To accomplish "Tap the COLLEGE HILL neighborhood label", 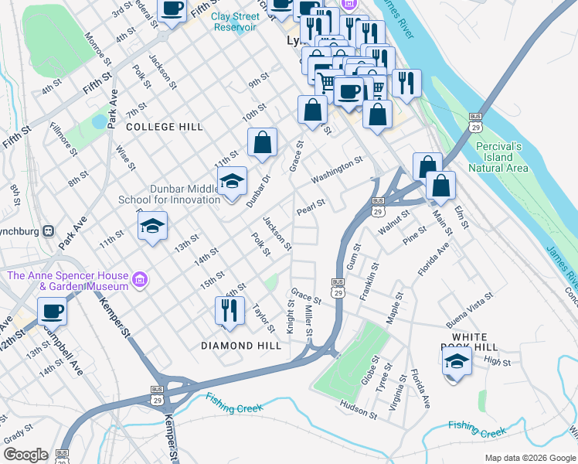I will [164, 127].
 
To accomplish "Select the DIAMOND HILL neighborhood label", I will [241, 346].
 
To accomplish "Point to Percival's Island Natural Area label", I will [498, 157].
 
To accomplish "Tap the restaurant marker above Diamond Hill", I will [229, 312].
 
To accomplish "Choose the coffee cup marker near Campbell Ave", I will [52, 312].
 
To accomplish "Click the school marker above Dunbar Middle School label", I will [232, 182].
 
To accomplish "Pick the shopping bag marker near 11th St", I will [262, 143].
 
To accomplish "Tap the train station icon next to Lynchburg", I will [49, 230].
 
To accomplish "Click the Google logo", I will [25, 455].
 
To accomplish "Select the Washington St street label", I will [337, 170].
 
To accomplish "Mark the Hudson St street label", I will [358, 408].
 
